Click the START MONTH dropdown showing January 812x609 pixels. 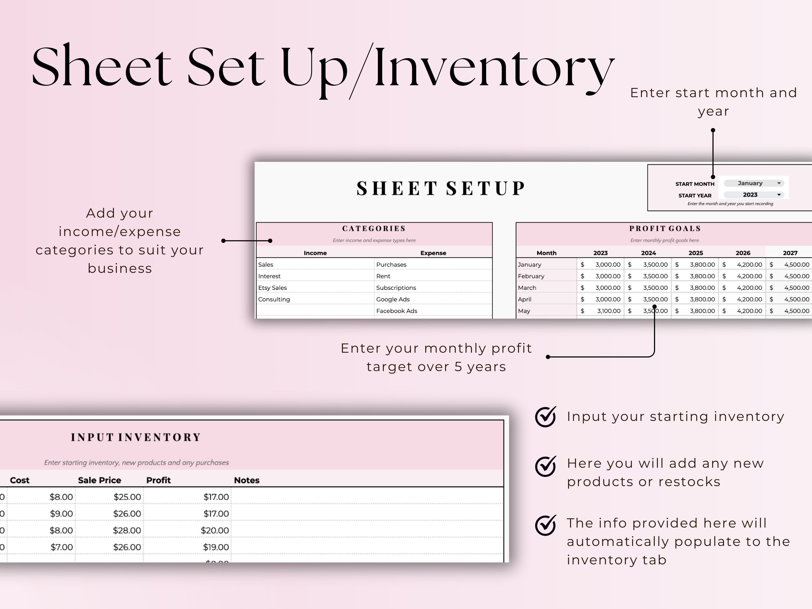[754, 183]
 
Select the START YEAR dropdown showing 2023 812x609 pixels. [754, 195]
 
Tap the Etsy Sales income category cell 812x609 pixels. [272, 288]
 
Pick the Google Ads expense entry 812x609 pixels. [393, 299]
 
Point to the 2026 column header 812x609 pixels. [743, 253]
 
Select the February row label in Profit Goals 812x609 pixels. [531, 276]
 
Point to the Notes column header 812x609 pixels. [247, 480]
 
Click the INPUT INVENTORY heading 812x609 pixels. [136, 437]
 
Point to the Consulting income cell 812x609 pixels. [274, 299]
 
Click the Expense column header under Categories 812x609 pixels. [433, 253]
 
